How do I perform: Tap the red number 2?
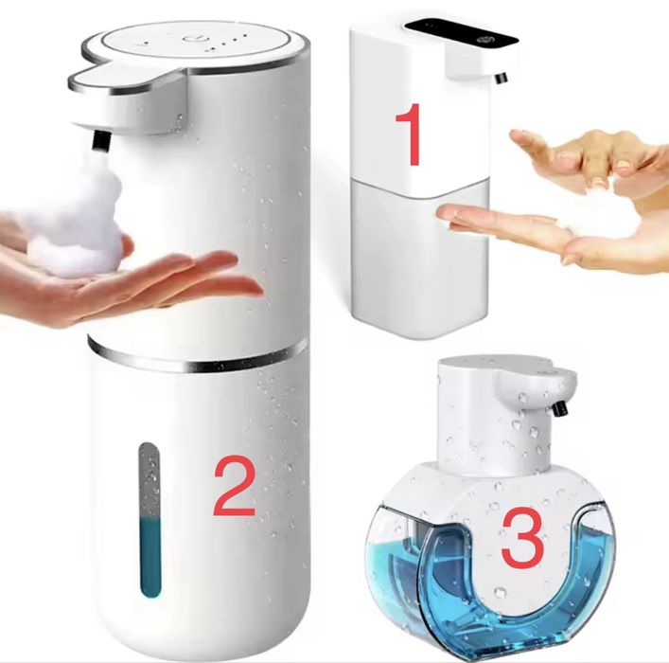[x=234, y=485]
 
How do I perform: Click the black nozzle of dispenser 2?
[x=100, y=141]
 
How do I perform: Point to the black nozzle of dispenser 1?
[x=501, y=79]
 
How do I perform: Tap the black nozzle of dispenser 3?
[x=561, y=408]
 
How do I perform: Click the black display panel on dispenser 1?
[x=461, y=33]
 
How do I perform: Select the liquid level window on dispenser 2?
[x=150, y=519]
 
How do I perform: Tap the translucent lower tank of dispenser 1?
[x=419, y=257]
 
